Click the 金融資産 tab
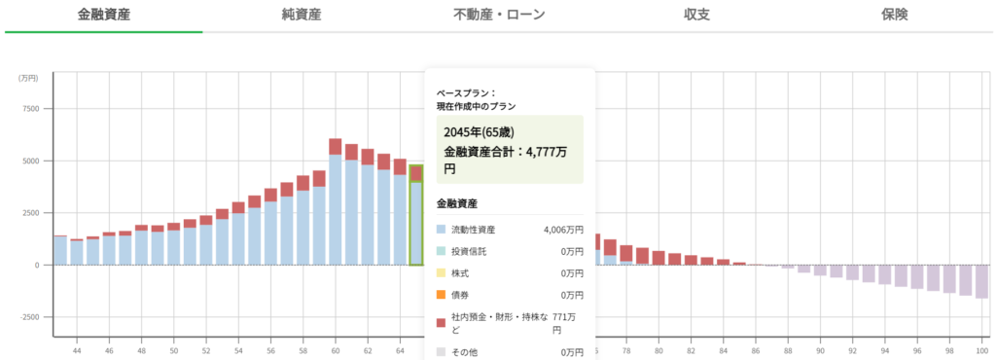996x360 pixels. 103,15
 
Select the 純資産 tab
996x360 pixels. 302,15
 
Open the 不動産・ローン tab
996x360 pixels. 499,15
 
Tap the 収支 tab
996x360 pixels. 696,15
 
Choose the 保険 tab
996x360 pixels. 895,15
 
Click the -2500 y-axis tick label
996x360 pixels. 26,317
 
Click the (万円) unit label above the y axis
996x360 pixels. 29,78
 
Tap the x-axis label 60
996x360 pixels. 336,349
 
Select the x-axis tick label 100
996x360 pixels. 981,349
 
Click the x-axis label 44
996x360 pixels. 77,349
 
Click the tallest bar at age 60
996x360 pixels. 336,204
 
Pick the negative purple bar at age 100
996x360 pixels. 981,281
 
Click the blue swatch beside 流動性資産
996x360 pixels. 442,230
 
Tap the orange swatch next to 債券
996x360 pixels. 442,295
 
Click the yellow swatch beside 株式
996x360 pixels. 442,273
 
